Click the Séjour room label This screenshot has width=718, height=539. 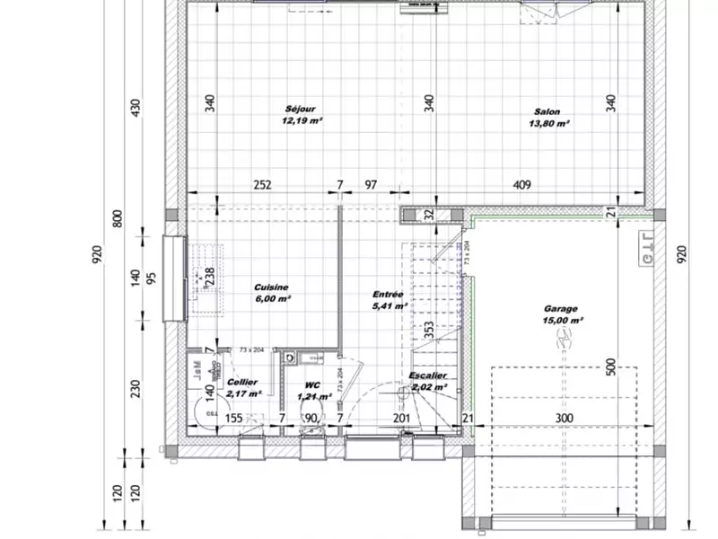[x=302, y=109]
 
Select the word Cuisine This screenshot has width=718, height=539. [x=271, y=287]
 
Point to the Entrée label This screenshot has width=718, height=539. [x=388, y=294]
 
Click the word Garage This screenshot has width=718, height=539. [x=560, y=307]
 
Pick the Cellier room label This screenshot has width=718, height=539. [x=242, y=382]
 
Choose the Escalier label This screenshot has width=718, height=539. [x=428, y=376]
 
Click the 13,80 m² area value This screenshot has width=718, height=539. [x=550, y=124]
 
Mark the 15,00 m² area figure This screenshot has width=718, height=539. [x=563, y=319]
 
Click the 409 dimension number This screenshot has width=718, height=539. [x=522, y=185]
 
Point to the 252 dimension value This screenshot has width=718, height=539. [x=262, y=185]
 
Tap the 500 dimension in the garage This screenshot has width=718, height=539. [x=610, y=367]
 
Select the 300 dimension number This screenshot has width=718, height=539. [x=562, y=418]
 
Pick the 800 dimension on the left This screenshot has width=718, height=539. [x=117, y=218]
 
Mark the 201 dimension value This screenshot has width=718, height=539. [x=401, y=418]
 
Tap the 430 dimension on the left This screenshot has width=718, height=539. [x=136, y=108]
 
